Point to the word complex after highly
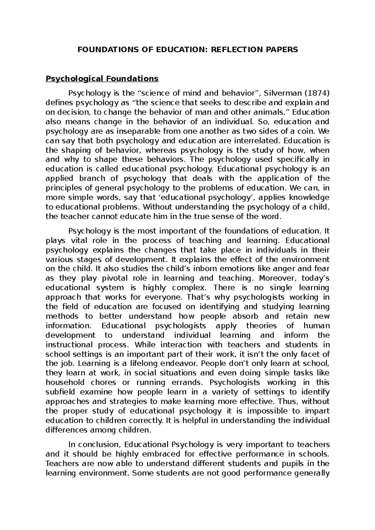point(192,287)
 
